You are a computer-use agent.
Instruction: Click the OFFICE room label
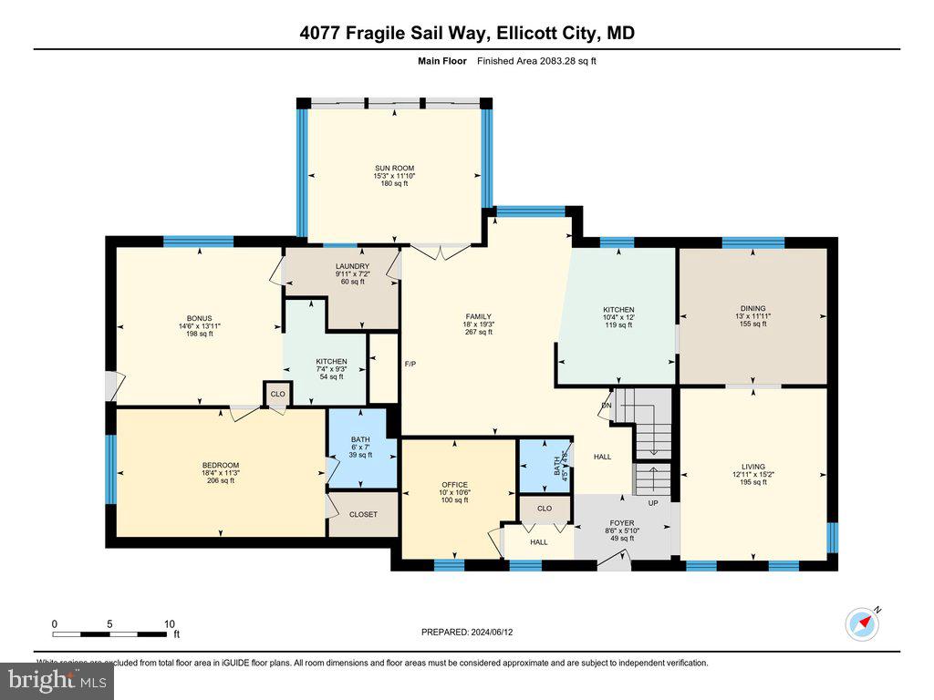454,485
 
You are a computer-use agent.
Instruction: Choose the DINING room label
752,309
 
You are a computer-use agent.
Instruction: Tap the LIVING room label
753,467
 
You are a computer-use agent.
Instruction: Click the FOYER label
622,523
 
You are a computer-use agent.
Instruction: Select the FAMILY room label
479,317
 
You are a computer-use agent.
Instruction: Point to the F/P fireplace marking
410,365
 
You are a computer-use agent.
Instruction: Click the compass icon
861,623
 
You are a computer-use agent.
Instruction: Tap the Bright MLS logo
57,680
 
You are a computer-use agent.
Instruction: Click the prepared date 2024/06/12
473,632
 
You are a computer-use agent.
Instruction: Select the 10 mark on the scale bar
169,623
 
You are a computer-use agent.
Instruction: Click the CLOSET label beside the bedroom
363,515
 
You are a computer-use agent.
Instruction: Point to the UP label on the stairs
653,503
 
